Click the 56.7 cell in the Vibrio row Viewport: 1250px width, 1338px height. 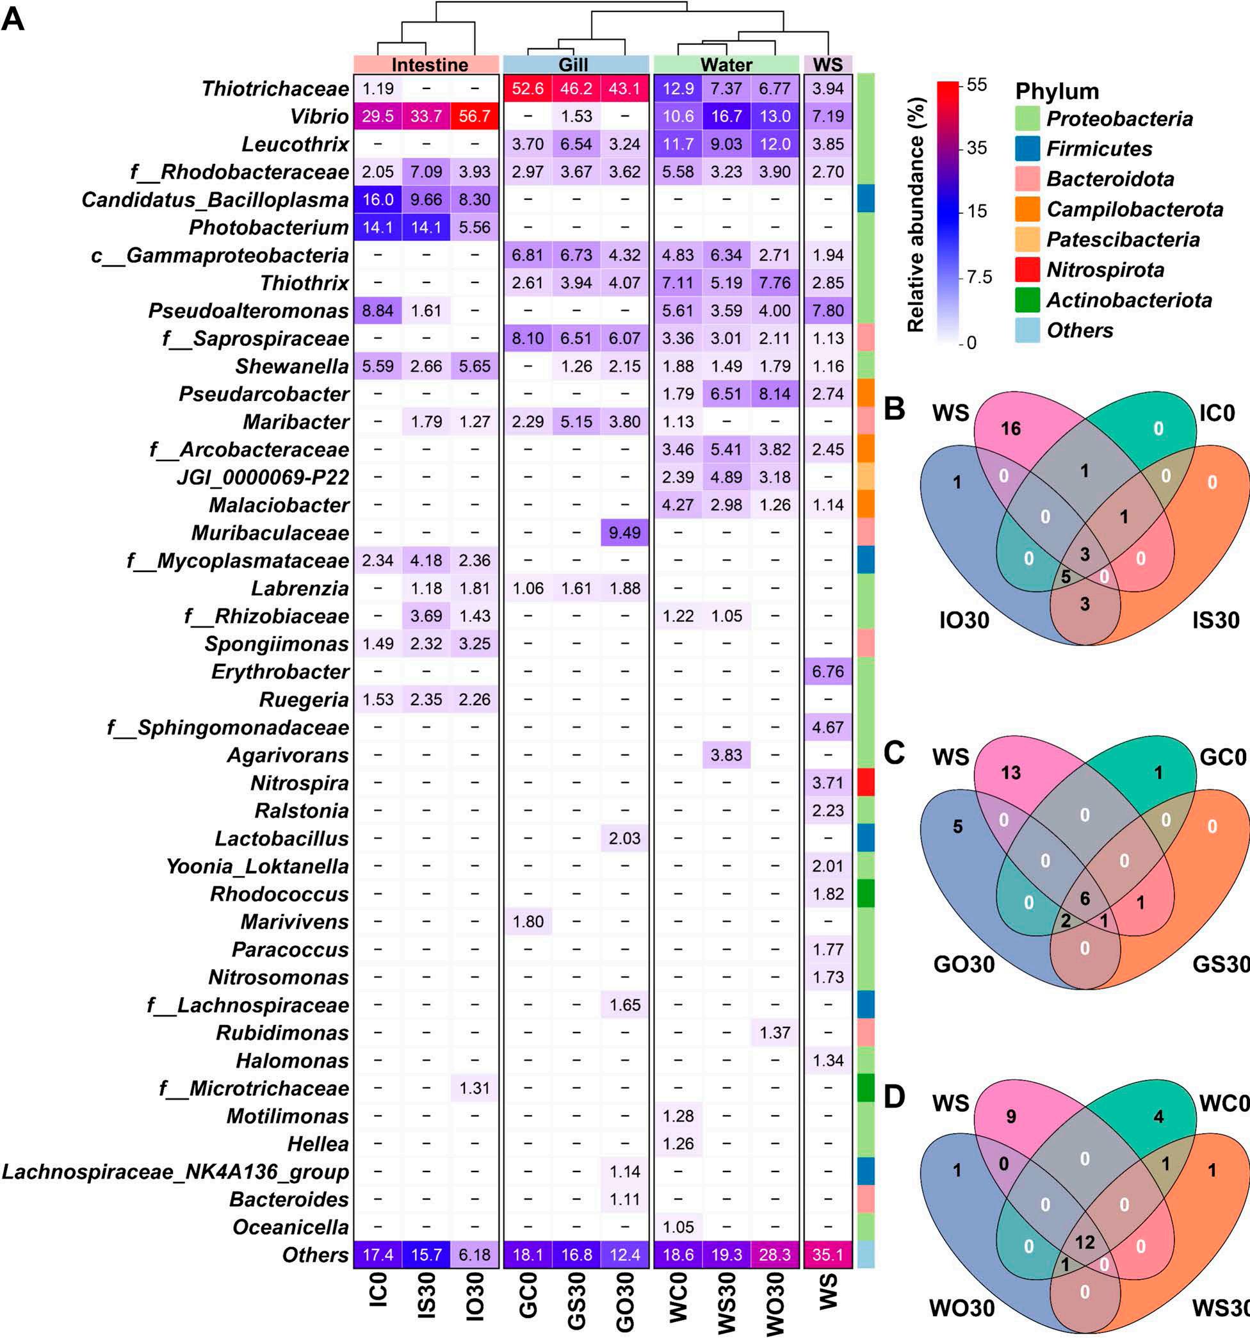pos(475,117)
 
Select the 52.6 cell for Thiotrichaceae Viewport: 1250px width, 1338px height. pos(528,89)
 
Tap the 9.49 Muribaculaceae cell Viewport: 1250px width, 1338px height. pos(624,533)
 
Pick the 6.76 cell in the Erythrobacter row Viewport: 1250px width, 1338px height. pos(827,672)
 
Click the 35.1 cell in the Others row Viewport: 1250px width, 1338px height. pos(827,1255)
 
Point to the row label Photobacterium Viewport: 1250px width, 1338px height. pos(268,227)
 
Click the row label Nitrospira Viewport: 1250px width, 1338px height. pos(300,783)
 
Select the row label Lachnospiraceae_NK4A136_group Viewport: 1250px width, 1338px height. pos(175,1171)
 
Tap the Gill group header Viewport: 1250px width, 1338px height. pos(573,65)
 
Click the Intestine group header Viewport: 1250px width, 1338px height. pos(429,65)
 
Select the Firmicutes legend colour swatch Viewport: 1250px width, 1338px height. pos(1027,149)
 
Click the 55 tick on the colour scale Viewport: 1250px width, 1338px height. pos(977,85)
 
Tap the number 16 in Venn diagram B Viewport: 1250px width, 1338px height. pos(1011,428)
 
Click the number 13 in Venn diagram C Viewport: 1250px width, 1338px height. pos(1011,772)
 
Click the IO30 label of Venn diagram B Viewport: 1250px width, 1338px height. pos(964,619)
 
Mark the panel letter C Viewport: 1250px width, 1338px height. pos(894,753)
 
